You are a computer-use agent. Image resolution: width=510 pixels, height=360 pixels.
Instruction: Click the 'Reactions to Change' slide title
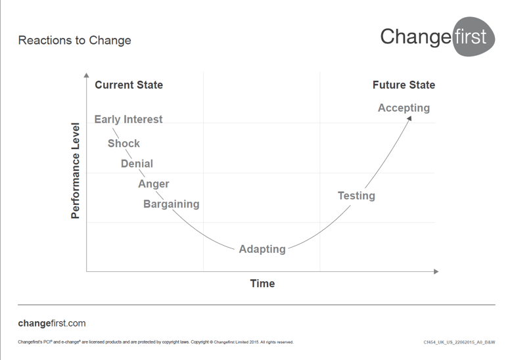click(74, 40)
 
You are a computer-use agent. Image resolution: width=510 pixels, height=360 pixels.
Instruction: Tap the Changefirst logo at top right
click(438, 36)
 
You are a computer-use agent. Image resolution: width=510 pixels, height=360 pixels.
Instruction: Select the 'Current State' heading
click(129, 85)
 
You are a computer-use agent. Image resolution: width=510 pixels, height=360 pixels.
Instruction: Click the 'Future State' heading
click(404, 85)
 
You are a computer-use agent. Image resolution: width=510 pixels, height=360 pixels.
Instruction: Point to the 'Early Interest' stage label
click(128, 120)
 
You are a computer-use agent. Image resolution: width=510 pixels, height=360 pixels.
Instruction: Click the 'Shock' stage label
click(124, 143)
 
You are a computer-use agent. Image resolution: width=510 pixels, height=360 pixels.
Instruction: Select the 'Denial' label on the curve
click(137, 164)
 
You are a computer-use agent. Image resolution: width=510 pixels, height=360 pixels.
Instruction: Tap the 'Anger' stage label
click(153, 184)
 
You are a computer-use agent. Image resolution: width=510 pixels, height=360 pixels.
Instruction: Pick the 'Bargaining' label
click(171, 204)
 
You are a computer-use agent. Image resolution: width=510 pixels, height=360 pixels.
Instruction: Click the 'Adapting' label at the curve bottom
click(262, 249)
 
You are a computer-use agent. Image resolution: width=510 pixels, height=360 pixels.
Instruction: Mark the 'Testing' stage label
click(356, 195)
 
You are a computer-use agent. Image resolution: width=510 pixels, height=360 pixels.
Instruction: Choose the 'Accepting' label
click(404, 108)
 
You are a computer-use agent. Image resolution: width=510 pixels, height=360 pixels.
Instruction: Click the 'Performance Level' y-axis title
click(76, 171)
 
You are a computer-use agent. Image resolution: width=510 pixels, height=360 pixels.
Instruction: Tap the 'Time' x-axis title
click(262, 284)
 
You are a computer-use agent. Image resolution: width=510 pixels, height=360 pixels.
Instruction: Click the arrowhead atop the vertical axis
click(87, 78)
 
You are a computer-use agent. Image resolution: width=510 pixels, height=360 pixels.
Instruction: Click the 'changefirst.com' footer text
click(52, 323)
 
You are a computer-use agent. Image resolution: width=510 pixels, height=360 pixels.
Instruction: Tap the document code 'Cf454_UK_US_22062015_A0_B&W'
click(459, 342)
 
